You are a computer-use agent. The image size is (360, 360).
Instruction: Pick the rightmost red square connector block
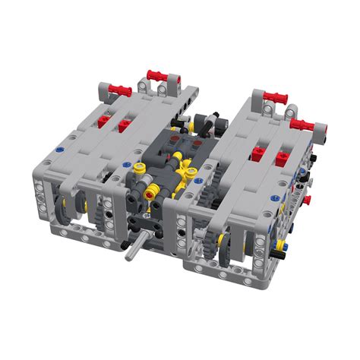281,158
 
